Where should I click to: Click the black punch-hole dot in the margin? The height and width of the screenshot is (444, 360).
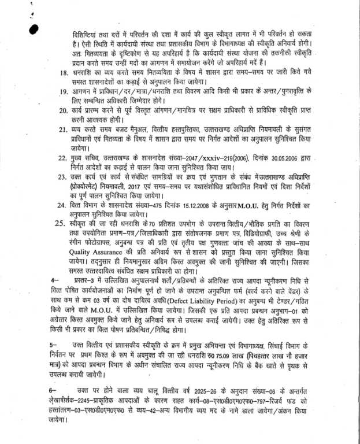(x=34, y=28)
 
